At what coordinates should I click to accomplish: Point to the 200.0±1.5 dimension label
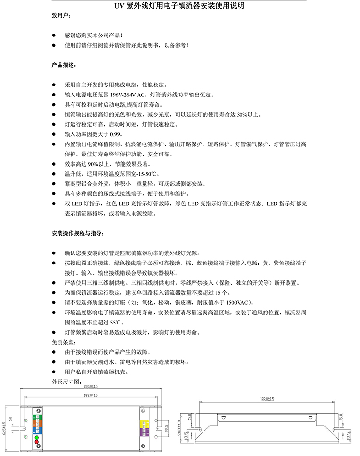pyautogui.click(x=90, y=386)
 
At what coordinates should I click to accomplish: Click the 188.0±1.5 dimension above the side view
pyautogui.click(x=266, y=399)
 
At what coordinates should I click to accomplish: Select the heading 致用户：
pyautogui.click(x=61, y=16)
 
